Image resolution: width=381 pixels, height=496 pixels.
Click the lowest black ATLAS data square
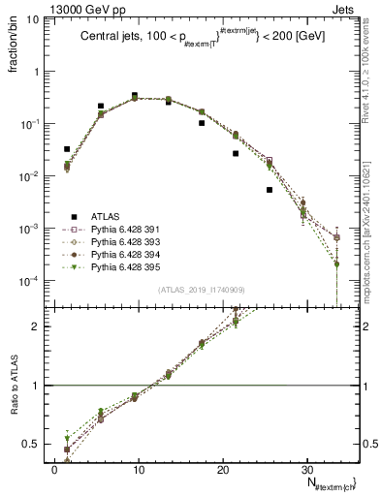[270, 190]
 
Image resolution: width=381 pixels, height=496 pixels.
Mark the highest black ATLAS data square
[135, 95]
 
